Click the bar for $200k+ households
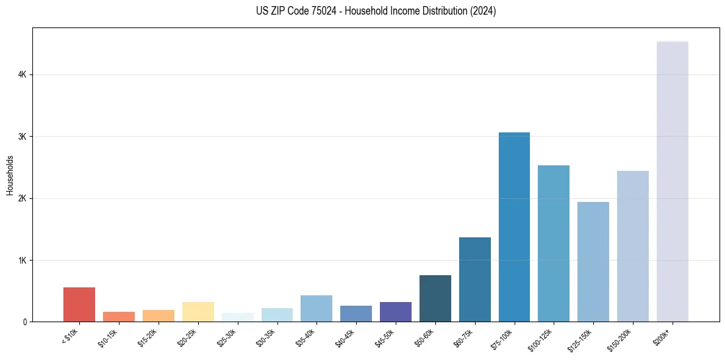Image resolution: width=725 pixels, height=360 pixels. tap(672, 183)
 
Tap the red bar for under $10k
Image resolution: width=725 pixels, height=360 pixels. tap(79, 304)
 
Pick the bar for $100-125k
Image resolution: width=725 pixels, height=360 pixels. tap(554, 243)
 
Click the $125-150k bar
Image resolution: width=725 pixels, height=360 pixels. tap(593, 262)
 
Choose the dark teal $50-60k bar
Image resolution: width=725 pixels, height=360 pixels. tap(435, 298)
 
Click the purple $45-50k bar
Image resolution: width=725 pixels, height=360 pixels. tap(395, 312)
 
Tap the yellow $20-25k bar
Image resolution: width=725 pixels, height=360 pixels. tap(198, 312)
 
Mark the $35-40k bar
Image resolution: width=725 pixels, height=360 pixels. tap(316, 308)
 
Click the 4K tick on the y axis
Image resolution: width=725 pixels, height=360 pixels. tap(22, 74)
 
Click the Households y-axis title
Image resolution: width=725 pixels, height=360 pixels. tap(10, 175)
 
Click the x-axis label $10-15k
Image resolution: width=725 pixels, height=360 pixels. tap(108, 336)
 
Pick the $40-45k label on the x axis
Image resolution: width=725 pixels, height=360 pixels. tap(345, 336)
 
